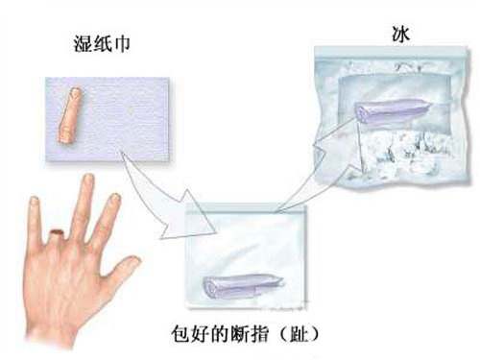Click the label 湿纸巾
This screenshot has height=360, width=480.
(x=102, y=44)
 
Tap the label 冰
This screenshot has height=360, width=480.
(x=400, y=34)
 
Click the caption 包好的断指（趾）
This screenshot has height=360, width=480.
(x=245, y=335)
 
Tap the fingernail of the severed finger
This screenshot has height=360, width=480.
(x=76, y=92)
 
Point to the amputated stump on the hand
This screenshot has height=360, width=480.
(x=58, y=236)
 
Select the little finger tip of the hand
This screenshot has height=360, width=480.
(x=34, y=201)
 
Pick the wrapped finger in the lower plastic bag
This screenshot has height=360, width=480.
(x=243, y=286)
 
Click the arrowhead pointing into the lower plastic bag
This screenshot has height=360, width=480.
(x=189, y=218)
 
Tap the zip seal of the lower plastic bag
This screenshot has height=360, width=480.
(x=247, y=209)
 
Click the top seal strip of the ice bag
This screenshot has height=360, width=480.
(x=391, y=51)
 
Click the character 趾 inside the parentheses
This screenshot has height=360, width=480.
(x=299, y=335)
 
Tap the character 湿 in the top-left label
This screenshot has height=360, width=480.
(x=83, y=44)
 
